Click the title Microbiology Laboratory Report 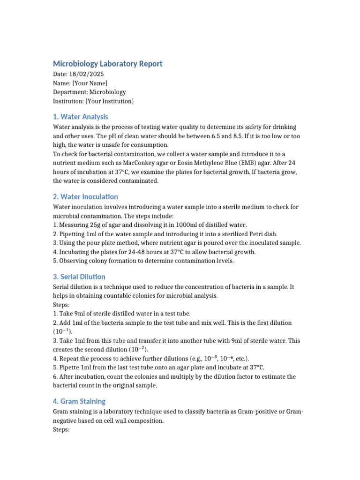[x=107, y=64]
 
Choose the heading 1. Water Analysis [x=80, y=117]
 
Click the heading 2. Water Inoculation [x=85, y=196]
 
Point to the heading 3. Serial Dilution [x=79, y=277]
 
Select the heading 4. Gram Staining [x=79, y=401]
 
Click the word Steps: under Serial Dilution [x=61, y=305]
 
